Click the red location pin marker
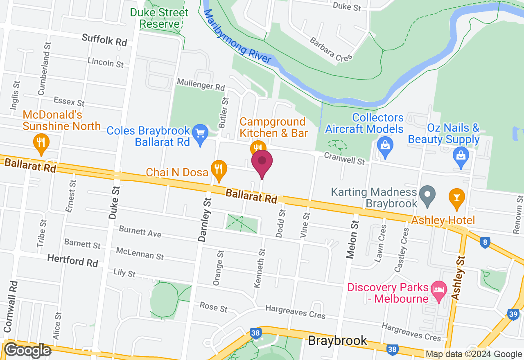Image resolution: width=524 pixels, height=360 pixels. [x=262, y=162]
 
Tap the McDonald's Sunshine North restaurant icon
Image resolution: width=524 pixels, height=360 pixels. [x=41, y=142]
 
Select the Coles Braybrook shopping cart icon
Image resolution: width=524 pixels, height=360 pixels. [x=200, y=134]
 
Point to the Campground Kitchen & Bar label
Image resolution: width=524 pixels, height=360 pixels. [x=273, y=127]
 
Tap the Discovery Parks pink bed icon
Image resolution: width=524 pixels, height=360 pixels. [x=439, y=291]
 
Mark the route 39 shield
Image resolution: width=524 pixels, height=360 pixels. [x=513, y=314]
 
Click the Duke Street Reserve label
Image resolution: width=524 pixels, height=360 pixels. [x=160, y=18]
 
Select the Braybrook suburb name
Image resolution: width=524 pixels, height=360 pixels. [x=337, y=340]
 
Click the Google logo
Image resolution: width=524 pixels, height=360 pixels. [x=27, y=351]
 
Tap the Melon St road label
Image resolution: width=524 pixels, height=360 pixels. [x=352, y=239]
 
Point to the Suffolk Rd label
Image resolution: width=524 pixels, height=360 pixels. [x=104, y=40]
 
